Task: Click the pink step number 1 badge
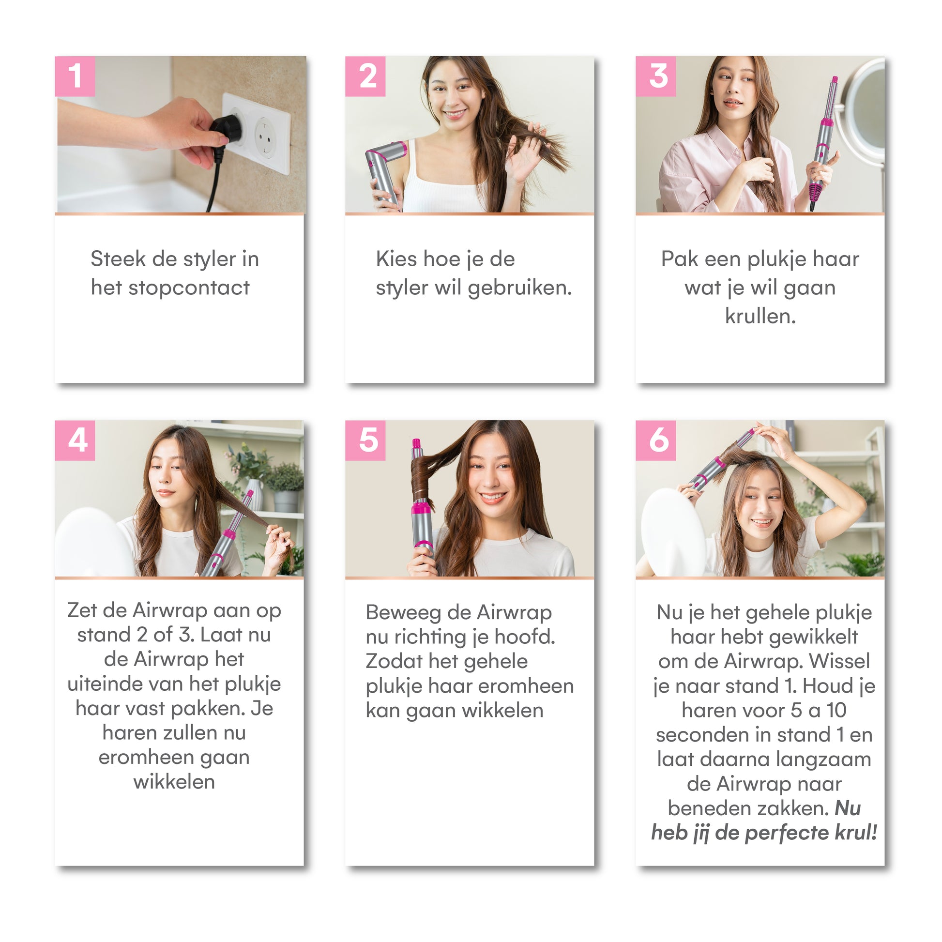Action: (x=75, y=76)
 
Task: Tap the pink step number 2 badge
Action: (x=365, y=76)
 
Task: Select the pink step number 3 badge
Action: (x=656, y=76)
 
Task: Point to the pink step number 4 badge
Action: (x=75, y=441)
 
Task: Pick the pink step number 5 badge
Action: (x=365, y=441)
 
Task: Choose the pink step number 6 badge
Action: (x=656, y=441)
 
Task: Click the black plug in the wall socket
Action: (x=227, y=129)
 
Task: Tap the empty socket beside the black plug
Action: (x=266, y=137)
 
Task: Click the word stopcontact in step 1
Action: (x=189, y=288)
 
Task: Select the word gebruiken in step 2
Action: (x=520, y=288)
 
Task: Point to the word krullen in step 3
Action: (x=760, y=316)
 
